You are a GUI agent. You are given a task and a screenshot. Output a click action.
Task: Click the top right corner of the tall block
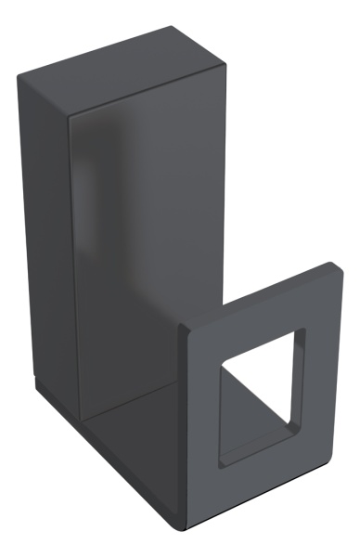[x=225, y=63]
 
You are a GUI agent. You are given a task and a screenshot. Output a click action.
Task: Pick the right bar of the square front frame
[x=321, y=371]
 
